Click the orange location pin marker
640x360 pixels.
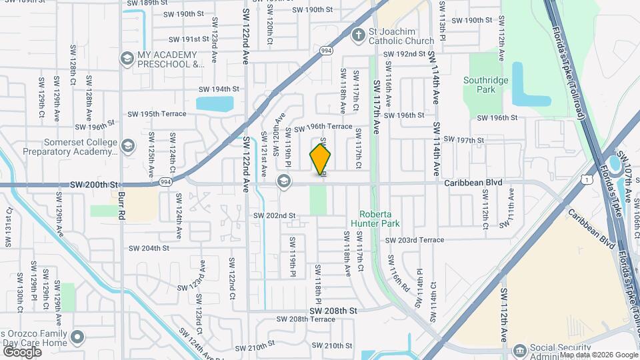321,160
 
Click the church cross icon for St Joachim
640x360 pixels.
359,35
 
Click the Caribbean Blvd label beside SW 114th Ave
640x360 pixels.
473,182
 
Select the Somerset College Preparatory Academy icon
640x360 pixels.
127,146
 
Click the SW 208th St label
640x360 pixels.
333,311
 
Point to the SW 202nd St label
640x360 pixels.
274,215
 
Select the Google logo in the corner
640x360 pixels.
22,351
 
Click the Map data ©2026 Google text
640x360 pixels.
599,355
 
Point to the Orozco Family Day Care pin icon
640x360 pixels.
78,337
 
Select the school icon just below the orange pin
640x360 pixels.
284,181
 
